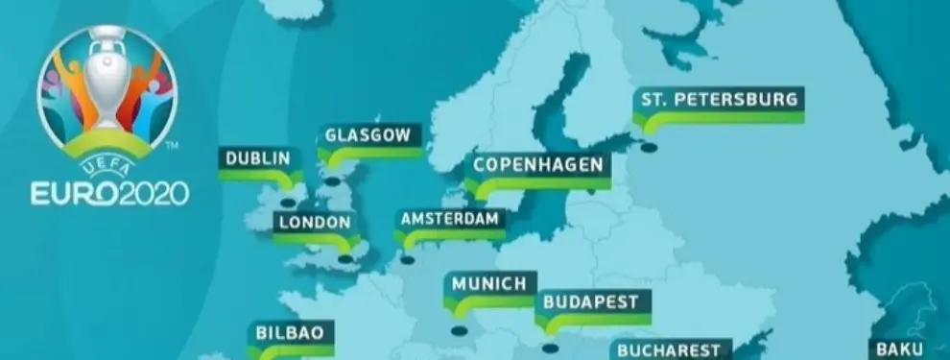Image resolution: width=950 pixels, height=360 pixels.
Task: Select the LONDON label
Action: tap(314, 222)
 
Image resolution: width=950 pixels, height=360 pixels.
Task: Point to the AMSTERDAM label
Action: tap(450, 218)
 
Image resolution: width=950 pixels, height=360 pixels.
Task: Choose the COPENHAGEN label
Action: tap(537, 164)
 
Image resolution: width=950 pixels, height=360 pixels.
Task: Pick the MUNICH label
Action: tap(489, 283)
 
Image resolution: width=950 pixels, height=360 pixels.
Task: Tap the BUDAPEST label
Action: tap(591, 301)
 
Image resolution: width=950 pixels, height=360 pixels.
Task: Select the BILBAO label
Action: tap(289, 333)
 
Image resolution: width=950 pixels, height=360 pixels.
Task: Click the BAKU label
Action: tap(900, 349)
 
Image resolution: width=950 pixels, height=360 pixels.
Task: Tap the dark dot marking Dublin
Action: tap(289, 203)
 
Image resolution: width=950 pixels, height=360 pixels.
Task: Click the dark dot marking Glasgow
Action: tap(332, 180)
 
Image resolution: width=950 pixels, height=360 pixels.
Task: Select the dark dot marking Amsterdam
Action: tap(408, 259)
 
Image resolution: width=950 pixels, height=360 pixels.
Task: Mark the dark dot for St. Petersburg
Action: tap(650, 148)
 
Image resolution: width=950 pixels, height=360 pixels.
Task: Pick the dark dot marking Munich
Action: tap(458, 332)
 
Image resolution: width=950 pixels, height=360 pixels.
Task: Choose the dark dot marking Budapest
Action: tap(549, 348)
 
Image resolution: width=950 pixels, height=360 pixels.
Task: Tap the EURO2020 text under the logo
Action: tap(109, 194)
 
